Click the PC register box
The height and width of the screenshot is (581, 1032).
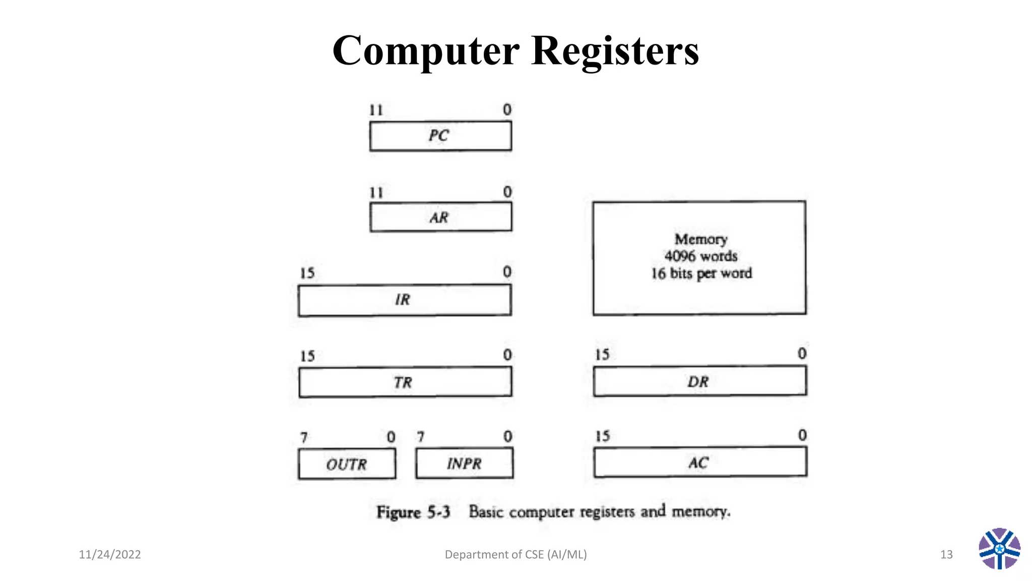click(440, 136)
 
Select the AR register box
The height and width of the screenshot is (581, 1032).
click(440, 217)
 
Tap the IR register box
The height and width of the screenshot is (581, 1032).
click(404, 300)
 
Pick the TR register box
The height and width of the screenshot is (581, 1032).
click(405, 382)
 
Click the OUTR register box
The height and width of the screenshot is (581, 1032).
click(347, 464)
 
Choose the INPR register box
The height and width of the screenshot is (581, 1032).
click(464, 463)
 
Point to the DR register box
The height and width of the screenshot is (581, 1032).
click(699, 381)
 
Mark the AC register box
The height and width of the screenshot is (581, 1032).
click(699, 462)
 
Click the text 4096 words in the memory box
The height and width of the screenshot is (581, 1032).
click(700, 256)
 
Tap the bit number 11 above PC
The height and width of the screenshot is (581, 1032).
click(376, 110)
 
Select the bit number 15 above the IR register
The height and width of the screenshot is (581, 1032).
click(307, 273)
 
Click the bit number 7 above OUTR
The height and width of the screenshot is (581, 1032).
click(304, 437)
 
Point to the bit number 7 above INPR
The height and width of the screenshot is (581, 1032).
click(421, 437)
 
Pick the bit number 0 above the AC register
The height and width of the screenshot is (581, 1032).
click(802, 435)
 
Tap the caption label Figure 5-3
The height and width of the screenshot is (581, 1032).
click(413, 512)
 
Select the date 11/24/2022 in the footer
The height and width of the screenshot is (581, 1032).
click(110, 555)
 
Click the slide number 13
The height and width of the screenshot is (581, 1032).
click(946, 555)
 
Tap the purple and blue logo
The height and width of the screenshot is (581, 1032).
click(999, 549)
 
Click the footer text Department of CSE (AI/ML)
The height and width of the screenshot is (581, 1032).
click(515, 555)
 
